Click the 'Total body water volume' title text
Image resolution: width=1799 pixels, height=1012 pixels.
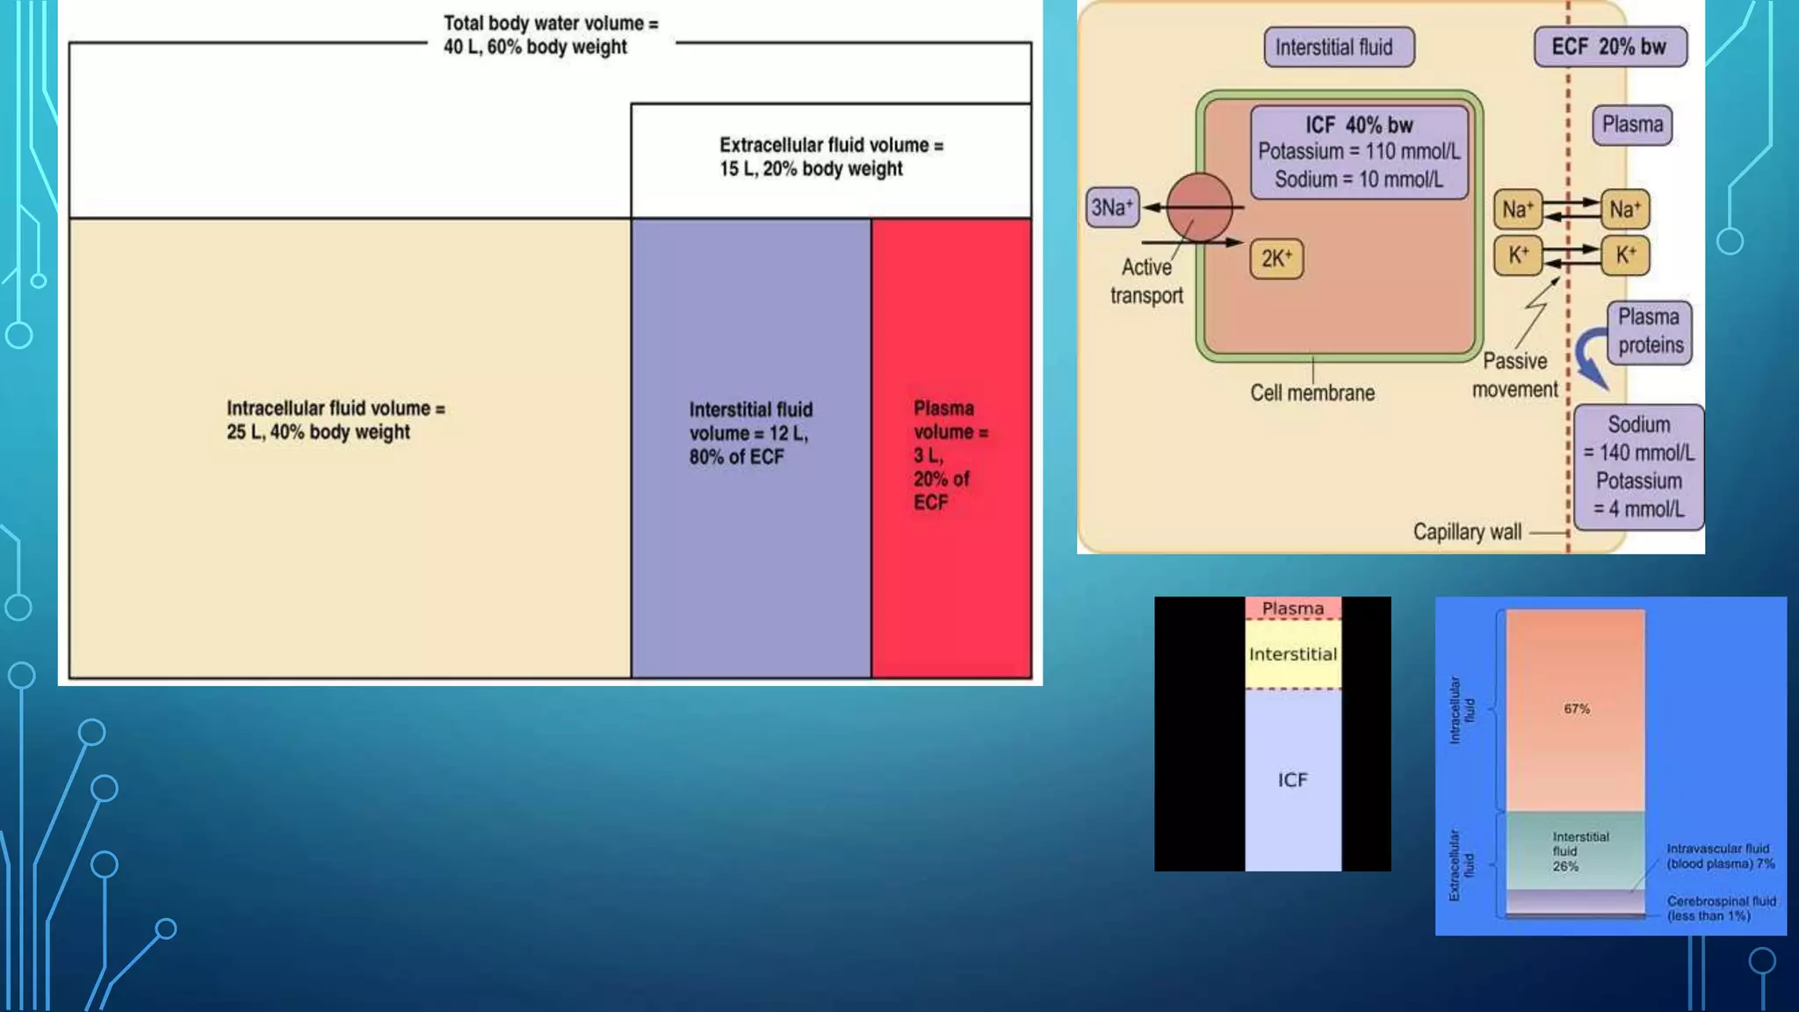(550, 35)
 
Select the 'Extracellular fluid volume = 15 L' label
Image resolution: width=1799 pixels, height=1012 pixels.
(830, 156)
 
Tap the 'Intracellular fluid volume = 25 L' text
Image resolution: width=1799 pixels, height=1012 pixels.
(336, 420)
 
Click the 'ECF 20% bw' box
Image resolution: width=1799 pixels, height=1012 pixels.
(1609, 47)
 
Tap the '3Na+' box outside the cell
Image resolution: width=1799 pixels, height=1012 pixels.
(1111, 207)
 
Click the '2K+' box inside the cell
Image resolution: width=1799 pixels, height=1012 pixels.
(1276, 258)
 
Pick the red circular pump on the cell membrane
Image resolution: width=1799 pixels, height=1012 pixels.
(1199, 207)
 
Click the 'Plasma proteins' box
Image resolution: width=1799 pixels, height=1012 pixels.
(1650, 331)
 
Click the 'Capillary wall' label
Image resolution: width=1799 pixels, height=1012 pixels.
(1467, 531)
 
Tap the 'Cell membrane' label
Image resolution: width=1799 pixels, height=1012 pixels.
(1312, 393)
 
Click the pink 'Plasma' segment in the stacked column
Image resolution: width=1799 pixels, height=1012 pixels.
(1292, 608)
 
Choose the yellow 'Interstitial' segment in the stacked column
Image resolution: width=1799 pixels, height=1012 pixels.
(1292, 654)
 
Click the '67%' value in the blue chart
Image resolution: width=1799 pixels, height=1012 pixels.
(1576, 709)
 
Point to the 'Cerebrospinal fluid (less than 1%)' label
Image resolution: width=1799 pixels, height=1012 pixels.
(1720, 908)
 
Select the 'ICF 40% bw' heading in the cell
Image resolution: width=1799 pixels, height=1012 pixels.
(1359, 125)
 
